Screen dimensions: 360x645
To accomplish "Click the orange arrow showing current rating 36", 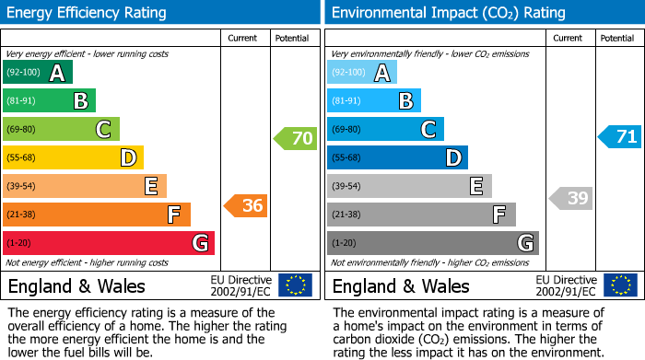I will [x=246, y=206].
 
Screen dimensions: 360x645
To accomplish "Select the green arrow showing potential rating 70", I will [x=295, y=139].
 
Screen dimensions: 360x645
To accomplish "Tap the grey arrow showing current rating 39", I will [x=571, y=198].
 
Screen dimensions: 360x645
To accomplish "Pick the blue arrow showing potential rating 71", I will [x=619, y=137].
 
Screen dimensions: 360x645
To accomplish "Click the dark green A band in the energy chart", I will [x=38, y=73].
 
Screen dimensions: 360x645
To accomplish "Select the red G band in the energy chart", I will [x=109, y=243].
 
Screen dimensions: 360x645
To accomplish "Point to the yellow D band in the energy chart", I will [x=73, y=158].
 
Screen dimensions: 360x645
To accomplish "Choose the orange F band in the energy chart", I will [x=97, y=215].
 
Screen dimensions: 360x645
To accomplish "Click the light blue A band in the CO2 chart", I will [x=362, y=73].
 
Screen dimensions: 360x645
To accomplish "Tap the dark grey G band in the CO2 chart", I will [x=432, y=243].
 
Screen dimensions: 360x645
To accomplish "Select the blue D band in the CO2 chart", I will [x=397, y=158].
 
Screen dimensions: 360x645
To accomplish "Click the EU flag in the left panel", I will [x=295, y=285].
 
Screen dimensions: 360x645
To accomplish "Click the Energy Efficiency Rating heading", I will [x=88, y=13].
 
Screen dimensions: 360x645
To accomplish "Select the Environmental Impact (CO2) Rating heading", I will [x=448, y=13].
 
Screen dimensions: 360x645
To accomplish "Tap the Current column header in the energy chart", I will [x=242, y=38].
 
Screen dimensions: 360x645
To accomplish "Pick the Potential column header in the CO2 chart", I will [x=616, y=38].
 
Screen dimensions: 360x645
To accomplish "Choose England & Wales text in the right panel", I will [x=401, y=286].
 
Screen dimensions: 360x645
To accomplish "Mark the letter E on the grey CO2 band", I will [x=475, y=187].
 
